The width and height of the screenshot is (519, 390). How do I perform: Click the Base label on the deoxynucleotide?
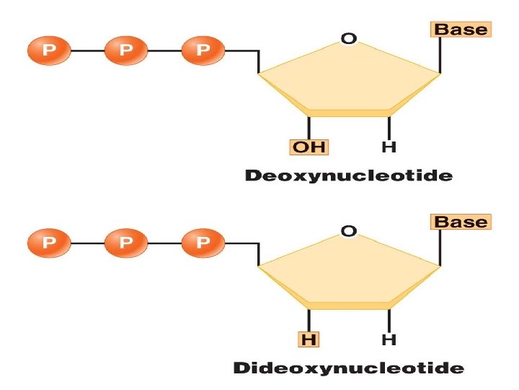pyautogui.click(x=461, y=30)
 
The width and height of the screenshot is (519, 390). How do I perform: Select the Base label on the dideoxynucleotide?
pyautogui.click(x=461, y=222)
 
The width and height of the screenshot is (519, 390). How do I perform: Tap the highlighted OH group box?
pyautogui.click(x=309, y=147)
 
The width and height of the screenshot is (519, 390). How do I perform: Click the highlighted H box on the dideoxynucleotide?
pyautogui.click(x=309, y=339)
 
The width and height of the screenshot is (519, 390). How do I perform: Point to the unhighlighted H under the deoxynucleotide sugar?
pyautogui.click(x=389, y=147)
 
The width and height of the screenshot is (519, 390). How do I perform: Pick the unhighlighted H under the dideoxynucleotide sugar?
pyautogui.click(x=389, y=339)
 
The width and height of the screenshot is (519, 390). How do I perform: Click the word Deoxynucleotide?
pyautogui.click(x=349, y=175)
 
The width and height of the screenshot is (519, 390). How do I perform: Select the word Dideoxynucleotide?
pyautogui.click(x=349, y=368)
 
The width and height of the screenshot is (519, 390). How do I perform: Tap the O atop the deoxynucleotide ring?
pyautogui.click(x=349, y=39)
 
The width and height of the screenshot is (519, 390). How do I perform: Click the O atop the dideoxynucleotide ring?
pyautogui.click(x=349, y=232)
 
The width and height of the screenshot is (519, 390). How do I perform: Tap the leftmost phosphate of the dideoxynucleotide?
pyautogui.click(x=49, y=243)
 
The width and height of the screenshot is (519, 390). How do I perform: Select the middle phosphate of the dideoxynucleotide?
pyautogui.click(x=126, y=243)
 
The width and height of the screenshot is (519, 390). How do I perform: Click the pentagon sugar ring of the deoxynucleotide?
pyautogui.click(x=349, y=79)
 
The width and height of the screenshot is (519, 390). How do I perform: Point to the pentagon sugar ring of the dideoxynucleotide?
pyautogui.click(x=349, y=273)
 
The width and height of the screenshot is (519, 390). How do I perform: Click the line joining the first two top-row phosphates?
pyautogui.click(x=87, y=51)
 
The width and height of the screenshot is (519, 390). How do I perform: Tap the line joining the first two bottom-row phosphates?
pyautogui.click(x=87, y=243)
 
